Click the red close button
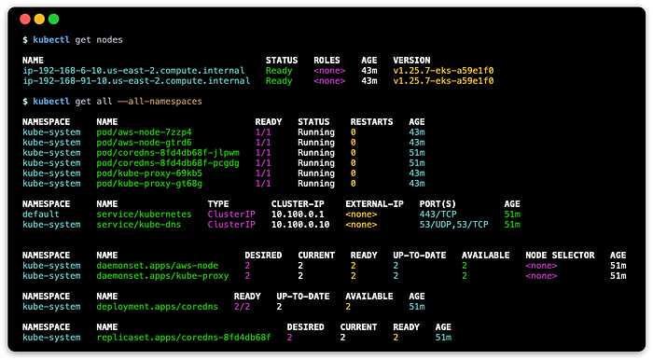25,20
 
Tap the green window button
54,20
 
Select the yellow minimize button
39,20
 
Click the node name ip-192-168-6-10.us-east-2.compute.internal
133,71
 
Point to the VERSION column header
412,61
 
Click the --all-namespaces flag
160,102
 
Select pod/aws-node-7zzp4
144,132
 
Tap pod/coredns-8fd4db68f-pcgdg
168,163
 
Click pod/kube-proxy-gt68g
149,184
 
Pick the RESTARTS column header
371,122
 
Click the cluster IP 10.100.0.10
300,225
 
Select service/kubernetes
144,215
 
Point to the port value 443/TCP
438,215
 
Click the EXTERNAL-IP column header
374,204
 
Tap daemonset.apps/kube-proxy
162,276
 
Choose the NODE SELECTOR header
560,256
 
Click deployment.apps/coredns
158,307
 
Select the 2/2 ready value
242,307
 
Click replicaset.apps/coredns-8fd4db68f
184,338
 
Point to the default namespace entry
41,215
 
